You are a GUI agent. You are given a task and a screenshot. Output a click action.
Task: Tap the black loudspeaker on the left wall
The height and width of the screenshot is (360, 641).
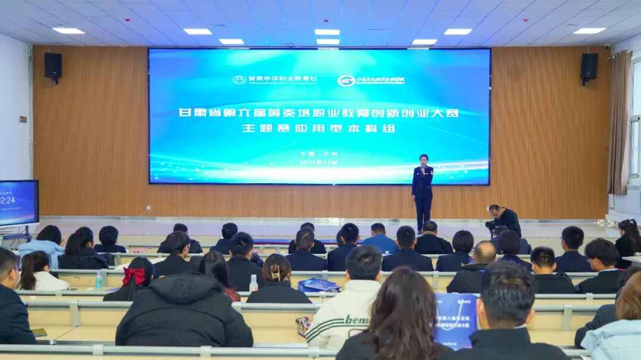pos(53,66)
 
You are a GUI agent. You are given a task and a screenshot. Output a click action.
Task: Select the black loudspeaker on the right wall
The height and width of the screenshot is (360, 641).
pos(589,66)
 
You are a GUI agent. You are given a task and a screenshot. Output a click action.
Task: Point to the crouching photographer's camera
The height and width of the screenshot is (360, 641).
pos(490,225)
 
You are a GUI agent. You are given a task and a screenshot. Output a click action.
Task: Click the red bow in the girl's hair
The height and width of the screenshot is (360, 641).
pos(134,275)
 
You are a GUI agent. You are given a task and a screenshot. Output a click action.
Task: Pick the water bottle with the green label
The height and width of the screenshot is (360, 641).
pos(99,279)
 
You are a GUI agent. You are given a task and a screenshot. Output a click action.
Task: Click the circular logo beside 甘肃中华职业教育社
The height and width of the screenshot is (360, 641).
pos(239,79)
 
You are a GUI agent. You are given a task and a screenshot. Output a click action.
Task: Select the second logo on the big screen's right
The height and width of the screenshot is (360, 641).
pos(346,81)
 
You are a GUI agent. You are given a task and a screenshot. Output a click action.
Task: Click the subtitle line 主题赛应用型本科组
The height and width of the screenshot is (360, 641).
pos(318,128)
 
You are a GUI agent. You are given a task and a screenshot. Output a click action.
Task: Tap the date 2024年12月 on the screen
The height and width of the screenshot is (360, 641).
pos(318,162)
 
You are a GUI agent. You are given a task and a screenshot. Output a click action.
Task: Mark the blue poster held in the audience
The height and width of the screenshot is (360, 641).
pos(455,320)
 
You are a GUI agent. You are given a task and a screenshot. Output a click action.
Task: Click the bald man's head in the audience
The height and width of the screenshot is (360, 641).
pos(485,251)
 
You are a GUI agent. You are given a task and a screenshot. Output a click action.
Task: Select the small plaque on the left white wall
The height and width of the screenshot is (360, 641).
pos(23,119)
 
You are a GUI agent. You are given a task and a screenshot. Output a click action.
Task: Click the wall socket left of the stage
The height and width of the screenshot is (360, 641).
pos(148,208)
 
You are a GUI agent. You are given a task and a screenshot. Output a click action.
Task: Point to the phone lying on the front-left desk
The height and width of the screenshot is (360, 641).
pos(39,332)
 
